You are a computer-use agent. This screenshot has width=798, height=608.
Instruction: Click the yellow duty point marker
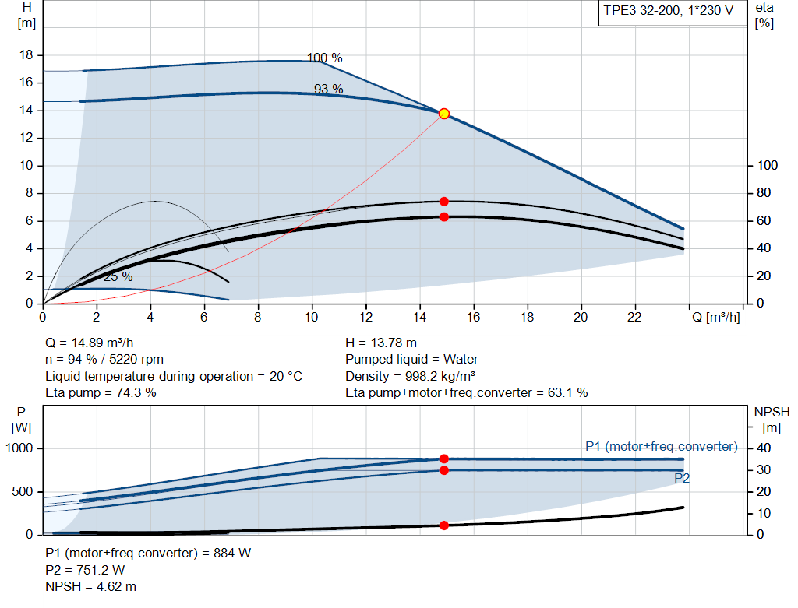[444, 114]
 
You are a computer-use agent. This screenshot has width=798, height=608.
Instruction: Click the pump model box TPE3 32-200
[668, 13]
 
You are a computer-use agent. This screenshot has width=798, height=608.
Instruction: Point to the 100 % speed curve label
[324, 58]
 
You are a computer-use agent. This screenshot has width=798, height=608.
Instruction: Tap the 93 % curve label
[328, 89]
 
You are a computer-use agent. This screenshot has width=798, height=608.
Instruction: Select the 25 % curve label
[118, 276]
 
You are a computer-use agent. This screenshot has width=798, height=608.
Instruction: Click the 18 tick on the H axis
[26, 55]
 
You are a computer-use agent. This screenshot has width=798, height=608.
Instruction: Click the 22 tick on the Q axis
[634, 317]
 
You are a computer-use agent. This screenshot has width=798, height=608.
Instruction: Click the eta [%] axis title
[764, 15]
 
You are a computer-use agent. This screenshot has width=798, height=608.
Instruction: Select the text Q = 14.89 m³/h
[95, 343]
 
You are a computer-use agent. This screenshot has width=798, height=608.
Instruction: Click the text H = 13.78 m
[381, 343]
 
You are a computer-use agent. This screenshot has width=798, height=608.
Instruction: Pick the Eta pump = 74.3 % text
[101, 392]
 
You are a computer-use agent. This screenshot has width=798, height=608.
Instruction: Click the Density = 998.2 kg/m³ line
[411, 376]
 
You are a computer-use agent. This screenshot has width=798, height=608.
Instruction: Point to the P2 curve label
[682, 478]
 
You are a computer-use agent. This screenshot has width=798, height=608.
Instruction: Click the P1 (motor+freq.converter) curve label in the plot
[661, 446]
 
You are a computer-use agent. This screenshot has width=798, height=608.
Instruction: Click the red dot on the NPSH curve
[444, 525]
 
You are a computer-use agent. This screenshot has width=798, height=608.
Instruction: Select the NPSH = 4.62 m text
[90, 586]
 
